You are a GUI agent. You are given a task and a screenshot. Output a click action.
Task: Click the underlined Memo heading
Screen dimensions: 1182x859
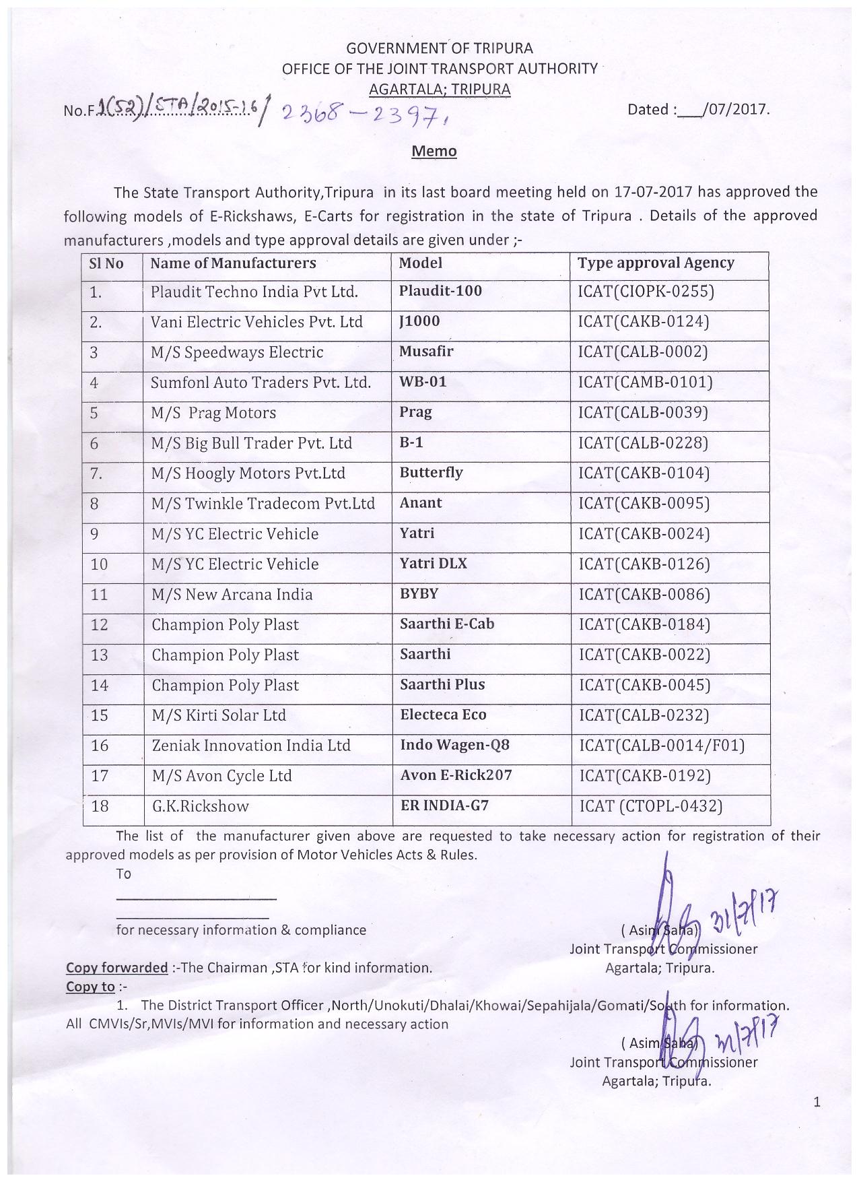[x=434, y=151]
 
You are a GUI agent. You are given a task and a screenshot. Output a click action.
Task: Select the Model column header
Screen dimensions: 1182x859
[x=421, y=263]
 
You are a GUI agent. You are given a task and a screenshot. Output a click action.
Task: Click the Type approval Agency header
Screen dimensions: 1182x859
[x=656, y=263]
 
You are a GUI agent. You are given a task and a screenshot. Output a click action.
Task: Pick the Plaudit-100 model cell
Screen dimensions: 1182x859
[x=440, y=291]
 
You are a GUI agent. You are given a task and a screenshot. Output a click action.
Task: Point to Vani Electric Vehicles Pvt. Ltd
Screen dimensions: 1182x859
[x=256, y=322]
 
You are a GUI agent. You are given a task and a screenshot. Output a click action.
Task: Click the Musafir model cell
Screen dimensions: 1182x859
[x=426, y=352]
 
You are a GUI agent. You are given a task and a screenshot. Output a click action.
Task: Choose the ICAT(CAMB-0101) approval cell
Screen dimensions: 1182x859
[x=645, y=383]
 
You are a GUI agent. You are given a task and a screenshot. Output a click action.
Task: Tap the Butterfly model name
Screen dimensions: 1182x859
[x=431, y=472]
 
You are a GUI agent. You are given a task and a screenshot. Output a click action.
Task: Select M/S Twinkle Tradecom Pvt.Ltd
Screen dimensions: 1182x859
[x=263, y=504]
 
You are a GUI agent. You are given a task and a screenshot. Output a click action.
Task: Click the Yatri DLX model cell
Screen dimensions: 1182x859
[x=433, y=563]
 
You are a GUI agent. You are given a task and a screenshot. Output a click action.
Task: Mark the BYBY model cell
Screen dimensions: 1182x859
[x=419, y=593]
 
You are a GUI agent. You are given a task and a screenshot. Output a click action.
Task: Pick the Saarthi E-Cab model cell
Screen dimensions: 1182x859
[x=447, y=624]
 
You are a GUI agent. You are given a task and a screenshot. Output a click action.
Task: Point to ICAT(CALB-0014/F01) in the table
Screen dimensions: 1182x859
[x=662, y=746]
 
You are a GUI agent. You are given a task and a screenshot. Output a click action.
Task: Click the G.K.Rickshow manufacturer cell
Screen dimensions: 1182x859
[x=200, y=806]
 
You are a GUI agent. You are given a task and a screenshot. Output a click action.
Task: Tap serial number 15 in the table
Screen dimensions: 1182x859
[x=100, y=715]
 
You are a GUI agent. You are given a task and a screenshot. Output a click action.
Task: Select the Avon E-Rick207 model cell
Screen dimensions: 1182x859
[x=456, y=775]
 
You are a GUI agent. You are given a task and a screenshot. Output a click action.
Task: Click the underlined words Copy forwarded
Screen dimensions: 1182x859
[x=116, y=968]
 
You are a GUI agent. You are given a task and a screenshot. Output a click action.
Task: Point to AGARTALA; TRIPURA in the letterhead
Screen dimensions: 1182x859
[x=440, y=89]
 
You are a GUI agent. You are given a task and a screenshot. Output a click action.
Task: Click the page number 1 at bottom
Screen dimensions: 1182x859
[x=817, y=1103]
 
